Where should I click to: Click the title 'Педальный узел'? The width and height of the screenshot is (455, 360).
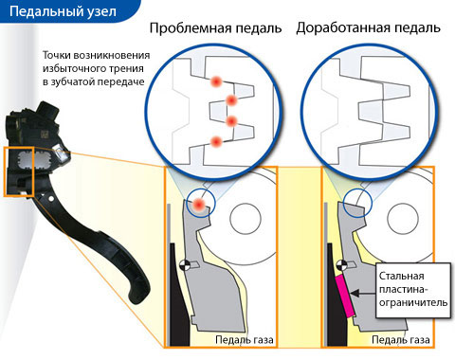pyautogui.click(x=63, y=12)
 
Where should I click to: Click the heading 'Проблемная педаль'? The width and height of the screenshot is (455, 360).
pyautogui.click(x=215, y=28)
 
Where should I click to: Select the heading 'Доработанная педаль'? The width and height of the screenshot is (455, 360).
pyautogui.click(x=369, y=28)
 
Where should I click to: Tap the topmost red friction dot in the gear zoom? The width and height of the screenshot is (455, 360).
pyautogui.click(x=216, y=82)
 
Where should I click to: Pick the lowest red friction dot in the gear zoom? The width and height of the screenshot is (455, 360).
pyautogui.click(x=216, y=141)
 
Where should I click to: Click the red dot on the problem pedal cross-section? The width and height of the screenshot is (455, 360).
pyautogui.click(x=198, y=205)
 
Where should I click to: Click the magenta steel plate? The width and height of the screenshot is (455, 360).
pyautogui.click(x=344, y=296)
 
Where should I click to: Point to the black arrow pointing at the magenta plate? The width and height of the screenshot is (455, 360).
pyautogui.click(x=363, y=294)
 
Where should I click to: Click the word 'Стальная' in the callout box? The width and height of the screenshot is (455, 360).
pyautogui.click(x=401, y=276)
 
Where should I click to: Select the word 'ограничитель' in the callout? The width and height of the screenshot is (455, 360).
pyautogui.click(x=413, y=302)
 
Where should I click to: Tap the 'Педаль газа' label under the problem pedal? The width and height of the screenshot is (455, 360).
pyautogui.click(x=245, y=340)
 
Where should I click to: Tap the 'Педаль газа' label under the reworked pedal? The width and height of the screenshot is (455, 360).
pyautogui.click(x=401, y=340)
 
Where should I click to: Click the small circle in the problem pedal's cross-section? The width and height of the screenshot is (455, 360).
pyautogui.click(x=246, y=219)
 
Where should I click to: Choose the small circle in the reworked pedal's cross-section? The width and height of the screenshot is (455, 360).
pyautogui.click(x=403, y=219)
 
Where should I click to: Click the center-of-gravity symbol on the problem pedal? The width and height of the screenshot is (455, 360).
pyautogui.click(x=184, y=265)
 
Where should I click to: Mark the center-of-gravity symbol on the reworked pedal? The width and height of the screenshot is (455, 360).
pyautogui.click(x=341, y=265)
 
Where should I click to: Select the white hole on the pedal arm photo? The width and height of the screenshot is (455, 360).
pyautogui.click(x=50, y=199)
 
